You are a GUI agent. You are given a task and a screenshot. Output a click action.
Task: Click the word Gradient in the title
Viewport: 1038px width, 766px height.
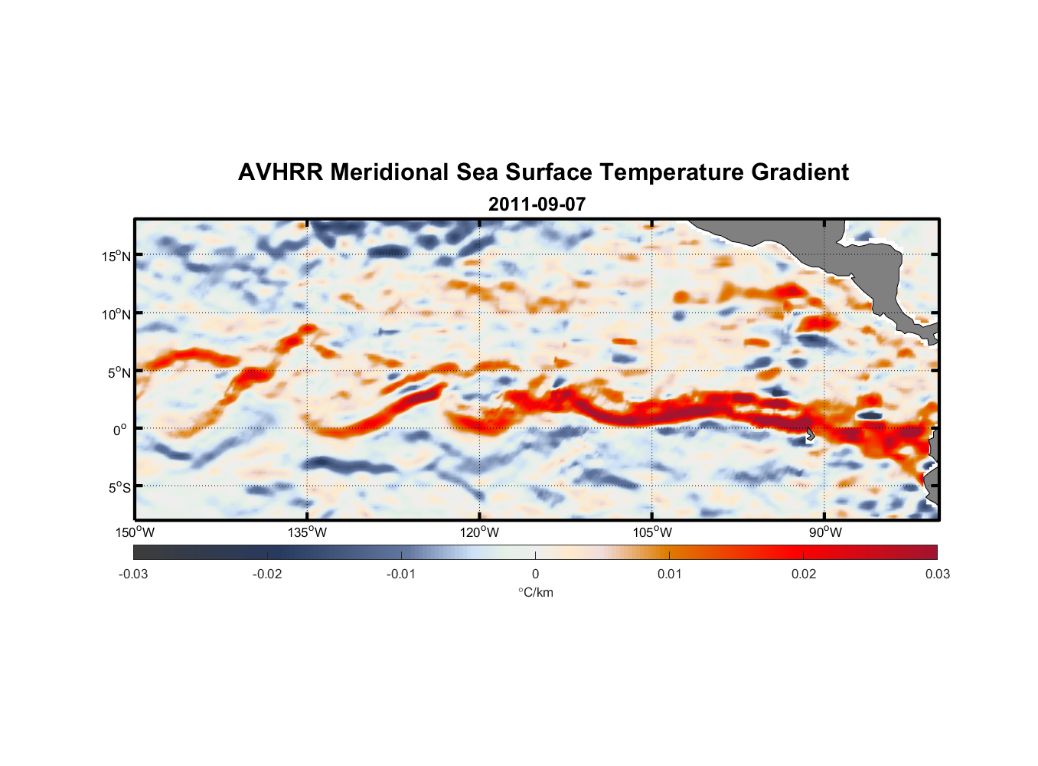[800, 172]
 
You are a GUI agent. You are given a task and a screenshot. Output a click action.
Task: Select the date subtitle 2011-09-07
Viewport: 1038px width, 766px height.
[537, 205]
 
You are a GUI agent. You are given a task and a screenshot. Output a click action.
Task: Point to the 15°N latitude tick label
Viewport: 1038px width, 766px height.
[116, 256]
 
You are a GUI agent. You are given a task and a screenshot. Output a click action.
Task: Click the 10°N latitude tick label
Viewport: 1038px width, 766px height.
[116, 314]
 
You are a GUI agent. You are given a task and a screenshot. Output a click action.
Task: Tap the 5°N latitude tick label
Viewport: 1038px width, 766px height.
[119, 372]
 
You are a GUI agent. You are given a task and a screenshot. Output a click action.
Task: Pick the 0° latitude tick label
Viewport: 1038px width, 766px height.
[120, 430]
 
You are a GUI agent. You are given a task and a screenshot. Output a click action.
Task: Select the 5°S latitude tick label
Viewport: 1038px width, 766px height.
[119, 488]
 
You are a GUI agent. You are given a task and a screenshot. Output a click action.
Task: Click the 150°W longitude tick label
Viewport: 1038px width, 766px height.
[135, 532]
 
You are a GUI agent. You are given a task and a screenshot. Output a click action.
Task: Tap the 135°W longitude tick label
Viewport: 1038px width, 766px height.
[308, 532]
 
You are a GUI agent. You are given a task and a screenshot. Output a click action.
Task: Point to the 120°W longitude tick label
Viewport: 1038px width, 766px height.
[480, 532]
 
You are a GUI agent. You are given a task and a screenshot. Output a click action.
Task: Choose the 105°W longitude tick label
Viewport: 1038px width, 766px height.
[652, 532]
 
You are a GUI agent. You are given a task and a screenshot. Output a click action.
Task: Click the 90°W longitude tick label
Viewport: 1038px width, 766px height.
[825, 532]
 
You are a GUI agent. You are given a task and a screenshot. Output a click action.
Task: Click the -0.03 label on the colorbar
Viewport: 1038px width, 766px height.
[133, 574]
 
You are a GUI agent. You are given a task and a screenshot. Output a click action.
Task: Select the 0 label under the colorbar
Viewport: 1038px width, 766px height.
[535, 574]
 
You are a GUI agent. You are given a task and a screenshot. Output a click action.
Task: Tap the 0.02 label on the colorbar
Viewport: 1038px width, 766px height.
[804, 574]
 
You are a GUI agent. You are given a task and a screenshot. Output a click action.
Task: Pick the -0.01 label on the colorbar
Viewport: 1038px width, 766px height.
[401, 574]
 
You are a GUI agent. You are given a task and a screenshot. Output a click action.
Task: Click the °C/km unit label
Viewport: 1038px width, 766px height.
[535, 592]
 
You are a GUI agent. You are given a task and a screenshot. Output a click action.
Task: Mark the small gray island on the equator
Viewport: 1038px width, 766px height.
[810, 434]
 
